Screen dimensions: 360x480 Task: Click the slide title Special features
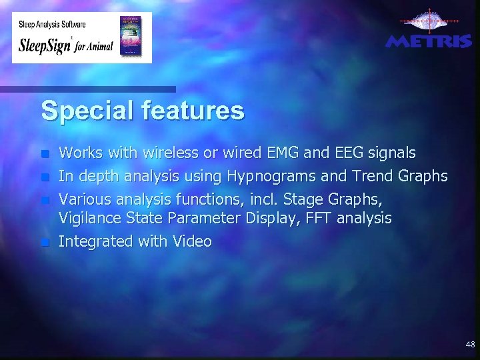(x=143, y=111)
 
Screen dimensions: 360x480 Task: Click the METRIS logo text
(x=429, y=42)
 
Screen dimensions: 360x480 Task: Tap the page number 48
(x=470, y=345)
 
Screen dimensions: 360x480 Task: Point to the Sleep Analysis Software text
(x=51, y=23)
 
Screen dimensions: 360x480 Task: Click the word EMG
(x=283, y=153)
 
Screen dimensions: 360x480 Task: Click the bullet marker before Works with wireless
(x=45, y=155)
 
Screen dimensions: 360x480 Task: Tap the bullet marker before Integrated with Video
(x=45, y=243)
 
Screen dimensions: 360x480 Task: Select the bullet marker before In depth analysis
(x=45, y=177)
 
